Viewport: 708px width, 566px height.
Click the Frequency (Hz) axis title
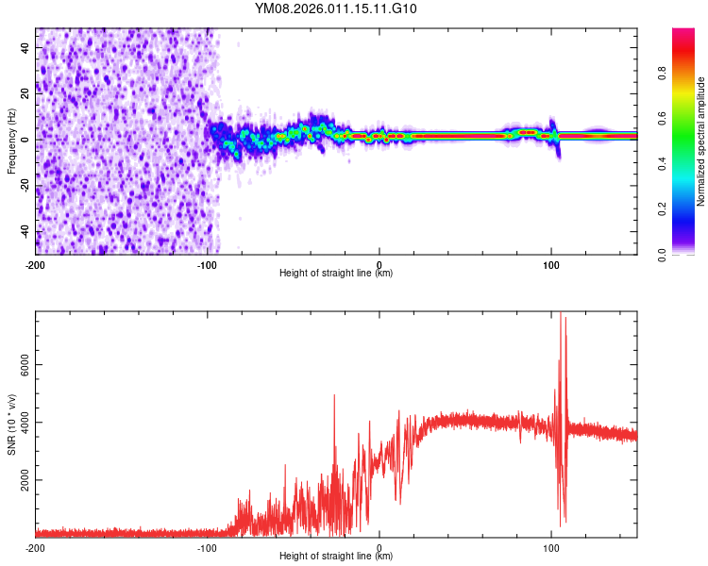[11, 141]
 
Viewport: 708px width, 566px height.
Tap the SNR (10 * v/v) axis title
[11, 424]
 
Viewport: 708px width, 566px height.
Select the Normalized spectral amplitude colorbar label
[701, 141]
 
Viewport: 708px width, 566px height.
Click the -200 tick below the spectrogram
[36, 263]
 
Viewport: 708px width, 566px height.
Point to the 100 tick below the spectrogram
[551, 263]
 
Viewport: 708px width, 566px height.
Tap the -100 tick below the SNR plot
[208, 547]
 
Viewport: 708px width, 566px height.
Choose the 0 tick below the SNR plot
[379, 547]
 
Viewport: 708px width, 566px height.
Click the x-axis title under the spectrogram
[336, 274]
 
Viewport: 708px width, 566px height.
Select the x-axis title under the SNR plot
[336, 557]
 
